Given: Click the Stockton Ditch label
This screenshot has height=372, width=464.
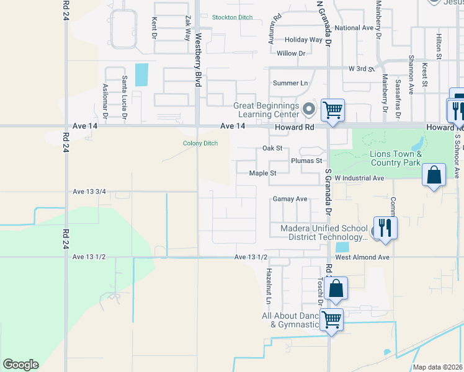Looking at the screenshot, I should pyautogui.click(x=232, y=17).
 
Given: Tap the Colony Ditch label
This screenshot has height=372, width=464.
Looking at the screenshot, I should pyautogui.click(x=200, y=143).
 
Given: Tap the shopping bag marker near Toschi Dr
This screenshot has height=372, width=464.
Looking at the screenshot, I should pyautogui.click(x=336, y=288).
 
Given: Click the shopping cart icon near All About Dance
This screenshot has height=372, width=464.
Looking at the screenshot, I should pyautogui.click(x=332, y=319).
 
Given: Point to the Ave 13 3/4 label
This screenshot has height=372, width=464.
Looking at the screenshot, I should pyautogui.click(x=89, y=192).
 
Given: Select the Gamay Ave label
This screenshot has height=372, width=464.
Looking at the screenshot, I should pyautogui.click(x=290, y=199).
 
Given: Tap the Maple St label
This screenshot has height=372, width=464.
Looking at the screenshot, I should pyautogui.click(x=262, y=174).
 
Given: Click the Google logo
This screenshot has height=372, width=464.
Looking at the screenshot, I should pyautogui.click(x=20, y=365).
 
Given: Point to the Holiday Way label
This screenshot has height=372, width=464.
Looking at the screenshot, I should pyautogui.click(x=303, y=40).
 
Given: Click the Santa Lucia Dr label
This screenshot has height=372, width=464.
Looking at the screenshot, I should pyautogui.click(x=125, y=97).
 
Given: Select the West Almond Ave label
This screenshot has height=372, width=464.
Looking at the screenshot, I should pyautogui.click(x=362, y=257).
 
